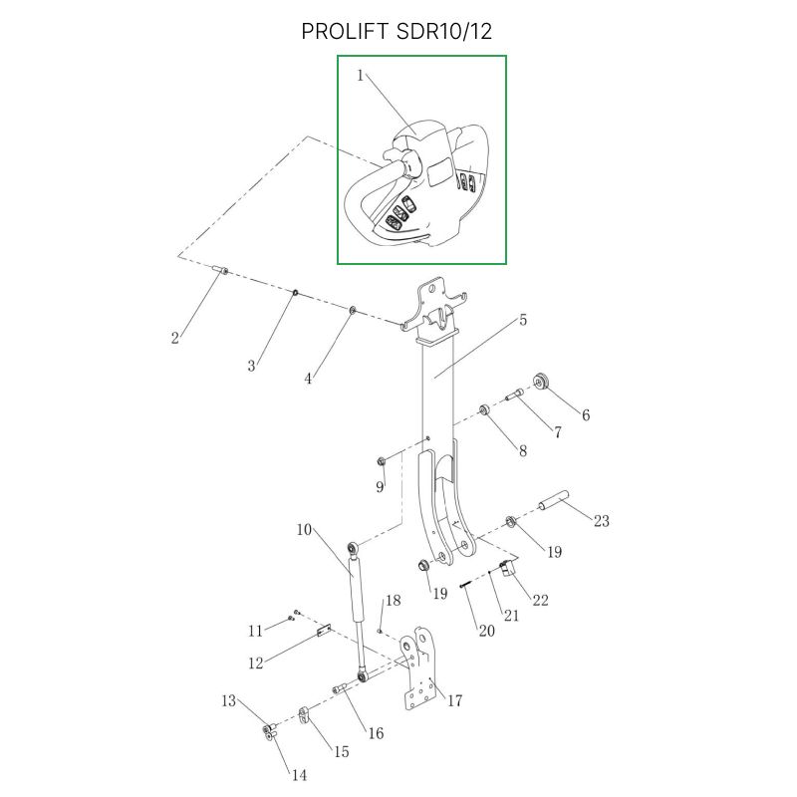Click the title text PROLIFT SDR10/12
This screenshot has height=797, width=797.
[x=397, y=32]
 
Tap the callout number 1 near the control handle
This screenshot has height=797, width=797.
[x=361, y=76]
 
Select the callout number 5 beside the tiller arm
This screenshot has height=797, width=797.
[x=523, y=320]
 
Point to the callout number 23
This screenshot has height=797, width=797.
[x=601, y=520]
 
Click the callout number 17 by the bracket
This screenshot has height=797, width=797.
[x=454, y=701]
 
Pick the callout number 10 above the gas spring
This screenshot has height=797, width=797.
[x=304, y=529]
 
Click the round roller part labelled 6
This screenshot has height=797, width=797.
[x=543, y=382]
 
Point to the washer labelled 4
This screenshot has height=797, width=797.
[x=354, y=312]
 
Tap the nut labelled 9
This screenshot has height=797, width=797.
[x=381, y=460]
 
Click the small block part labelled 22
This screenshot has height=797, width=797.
[x=506, y=569]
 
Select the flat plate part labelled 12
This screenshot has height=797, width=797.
[x=322, y=630]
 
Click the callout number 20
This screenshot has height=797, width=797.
[x=486, y=632]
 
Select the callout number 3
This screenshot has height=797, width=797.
[x=251, y=367]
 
